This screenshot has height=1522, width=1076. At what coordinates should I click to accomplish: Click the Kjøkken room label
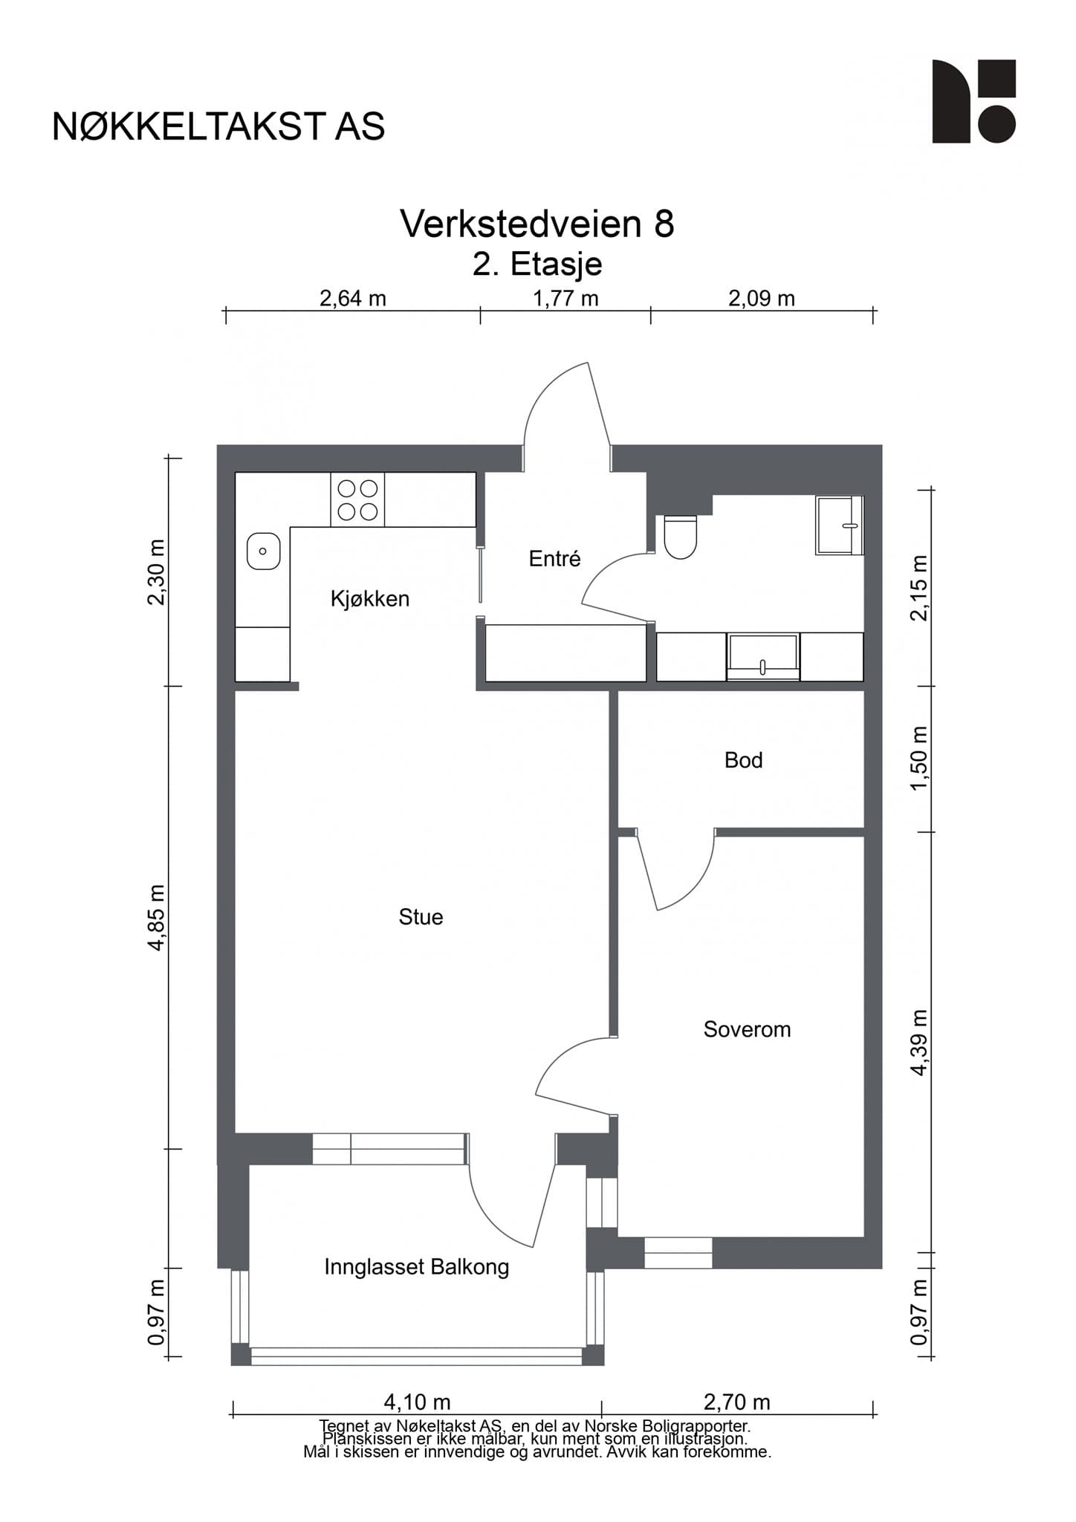click(370, 598)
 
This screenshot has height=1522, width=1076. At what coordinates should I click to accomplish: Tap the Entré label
click(554, 558)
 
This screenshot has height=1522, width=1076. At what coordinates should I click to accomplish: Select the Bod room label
click(743, 760)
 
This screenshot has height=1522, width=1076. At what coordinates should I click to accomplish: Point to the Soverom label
click(747, 1029)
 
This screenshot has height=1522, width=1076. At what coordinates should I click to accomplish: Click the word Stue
click(421, 917)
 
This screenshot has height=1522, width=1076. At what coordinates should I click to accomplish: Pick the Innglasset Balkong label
click(416, 1267)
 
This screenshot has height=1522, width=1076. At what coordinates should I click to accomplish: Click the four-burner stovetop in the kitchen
click(357, 499)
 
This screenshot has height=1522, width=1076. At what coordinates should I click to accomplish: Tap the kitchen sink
click(263, 551)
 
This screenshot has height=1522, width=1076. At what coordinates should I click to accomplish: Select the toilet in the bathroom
click(680, 537)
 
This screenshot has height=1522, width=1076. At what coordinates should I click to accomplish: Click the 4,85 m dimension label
click(157, 918)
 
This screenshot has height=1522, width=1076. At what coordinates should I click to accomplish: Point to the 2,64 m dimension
click(352, 299)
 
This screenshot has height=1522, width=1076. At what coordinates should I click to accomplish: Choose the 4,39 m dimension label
click(919, 1043)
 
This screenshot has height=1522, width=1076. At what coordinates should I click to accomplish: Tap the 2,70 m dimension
click(736, 1402)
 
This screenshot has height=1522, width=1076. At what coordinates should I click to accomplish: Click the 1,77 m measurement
click(565, 299)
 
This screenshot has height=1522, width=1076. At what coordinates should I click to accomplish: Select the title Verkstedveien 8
click(537, 223)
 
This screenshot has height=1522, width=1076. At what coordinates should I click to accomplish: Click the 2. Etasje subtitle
click(537, 264)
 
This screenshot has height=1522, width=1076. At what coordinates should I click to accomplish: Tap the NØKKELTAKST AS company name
click(218, 127)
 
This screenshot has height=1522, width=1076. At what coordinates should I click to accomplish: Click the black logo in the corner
click(974, 101)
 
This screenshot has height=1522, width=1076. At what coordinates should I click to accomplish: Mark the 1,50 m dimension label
click(919, 759)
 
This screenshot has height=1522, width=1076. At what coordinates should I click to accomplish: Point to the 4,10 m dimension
click(417, 1402)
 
